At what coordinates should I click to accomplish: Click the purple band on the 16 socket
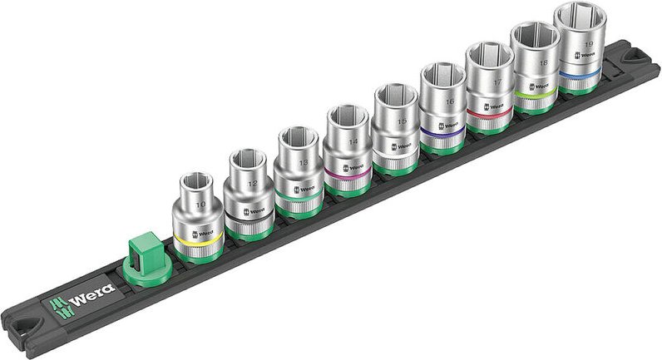coord(442,131)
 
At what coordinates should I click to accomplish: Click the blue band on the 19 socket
coord(580,75)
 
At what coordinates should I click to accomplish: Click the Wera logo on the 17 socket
coord(494,105)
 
